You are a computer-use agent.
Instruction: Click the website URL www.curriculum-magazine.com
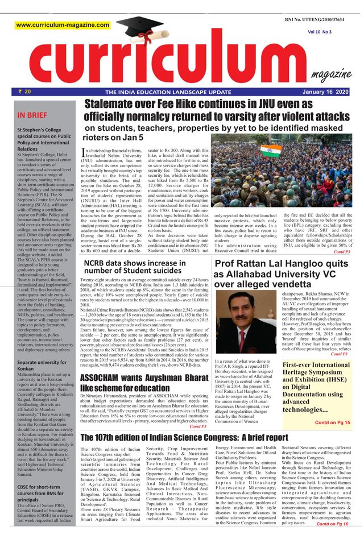[63, 25]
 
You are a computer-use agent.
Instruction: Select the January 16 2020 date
[326, 92]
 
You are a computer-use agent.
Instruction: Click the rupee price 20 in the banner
[24, 91]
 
